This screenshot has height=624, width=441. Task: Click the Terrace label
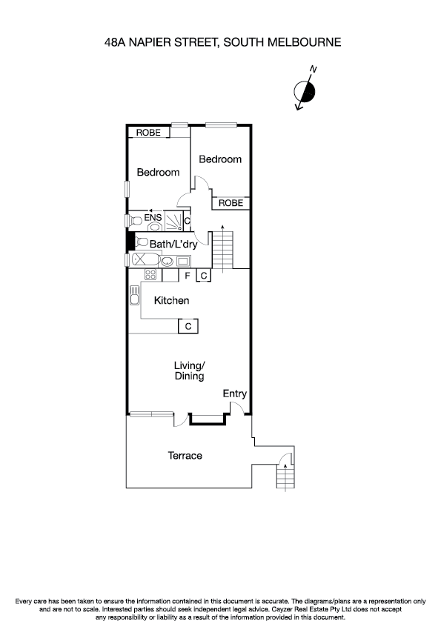pos(185,455)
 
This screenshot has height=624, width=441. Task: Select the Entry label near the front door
pos(235,394)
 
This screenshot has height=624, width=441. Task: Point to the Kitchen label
pos(171,300)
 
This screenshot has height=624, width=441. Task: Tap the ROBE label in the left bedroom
pos(147,133)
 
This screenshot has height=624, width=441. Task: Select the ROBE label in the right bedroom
pos(231,202)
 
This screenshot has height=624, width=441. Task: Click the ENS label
pos(153,218)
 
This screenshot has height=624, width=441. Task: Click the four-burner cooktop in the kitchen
pos(150,275)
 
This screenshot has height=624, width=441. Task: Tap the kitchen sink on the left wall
pos(134,296)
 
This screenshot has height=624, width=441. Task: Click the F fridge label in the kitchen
pos(188,276)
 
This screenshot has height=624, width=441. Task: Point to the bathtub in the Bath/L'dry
pos(143,260)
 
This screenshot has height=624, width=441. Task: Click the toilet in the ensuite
pos(135,220)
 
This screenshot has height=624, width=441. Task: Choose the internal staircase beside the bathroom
pos(222,250)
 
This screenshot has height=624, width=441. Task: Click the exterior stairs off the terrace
pos(285,474)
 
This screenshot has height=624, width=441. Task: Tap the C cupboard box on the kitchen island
pos(188,326)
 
